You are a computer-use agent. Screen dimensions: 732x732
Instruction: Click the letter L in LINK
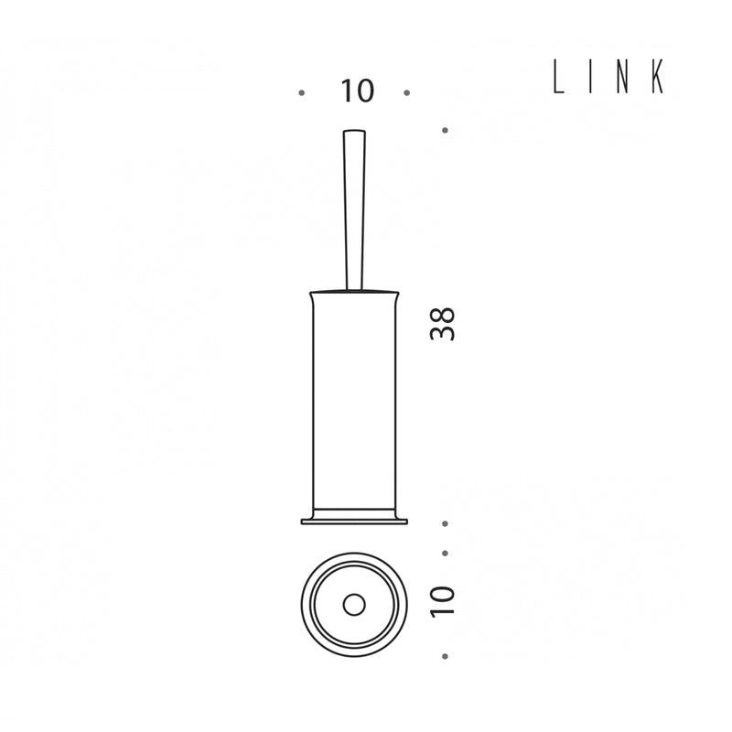click(558, 77)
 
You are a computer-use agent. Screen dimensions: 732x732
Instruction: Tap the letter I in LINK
click(590, 77)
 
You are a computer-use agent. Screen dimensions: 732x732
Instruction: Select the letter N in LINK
click(622, 77)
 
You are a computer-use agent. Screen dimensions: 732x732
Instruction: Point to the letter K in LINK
click(658, 77)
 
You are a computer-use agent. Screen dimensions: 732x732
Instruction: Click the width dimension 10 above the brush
click(358, 91)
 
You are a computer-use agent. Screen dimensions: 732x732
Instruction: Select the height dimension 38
click(442, 324)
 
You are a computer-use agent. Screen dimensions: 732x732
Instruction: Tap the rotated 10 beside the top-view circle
click(442, 602)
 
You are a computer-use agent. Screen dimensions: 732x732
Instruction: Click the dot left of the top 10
click(302, 93)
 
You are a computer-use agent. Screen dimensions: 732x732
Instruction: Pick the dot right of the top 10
click(406, 93)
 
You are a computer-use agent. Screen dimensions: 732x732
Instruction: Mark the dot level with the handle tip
click(445, 130)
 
